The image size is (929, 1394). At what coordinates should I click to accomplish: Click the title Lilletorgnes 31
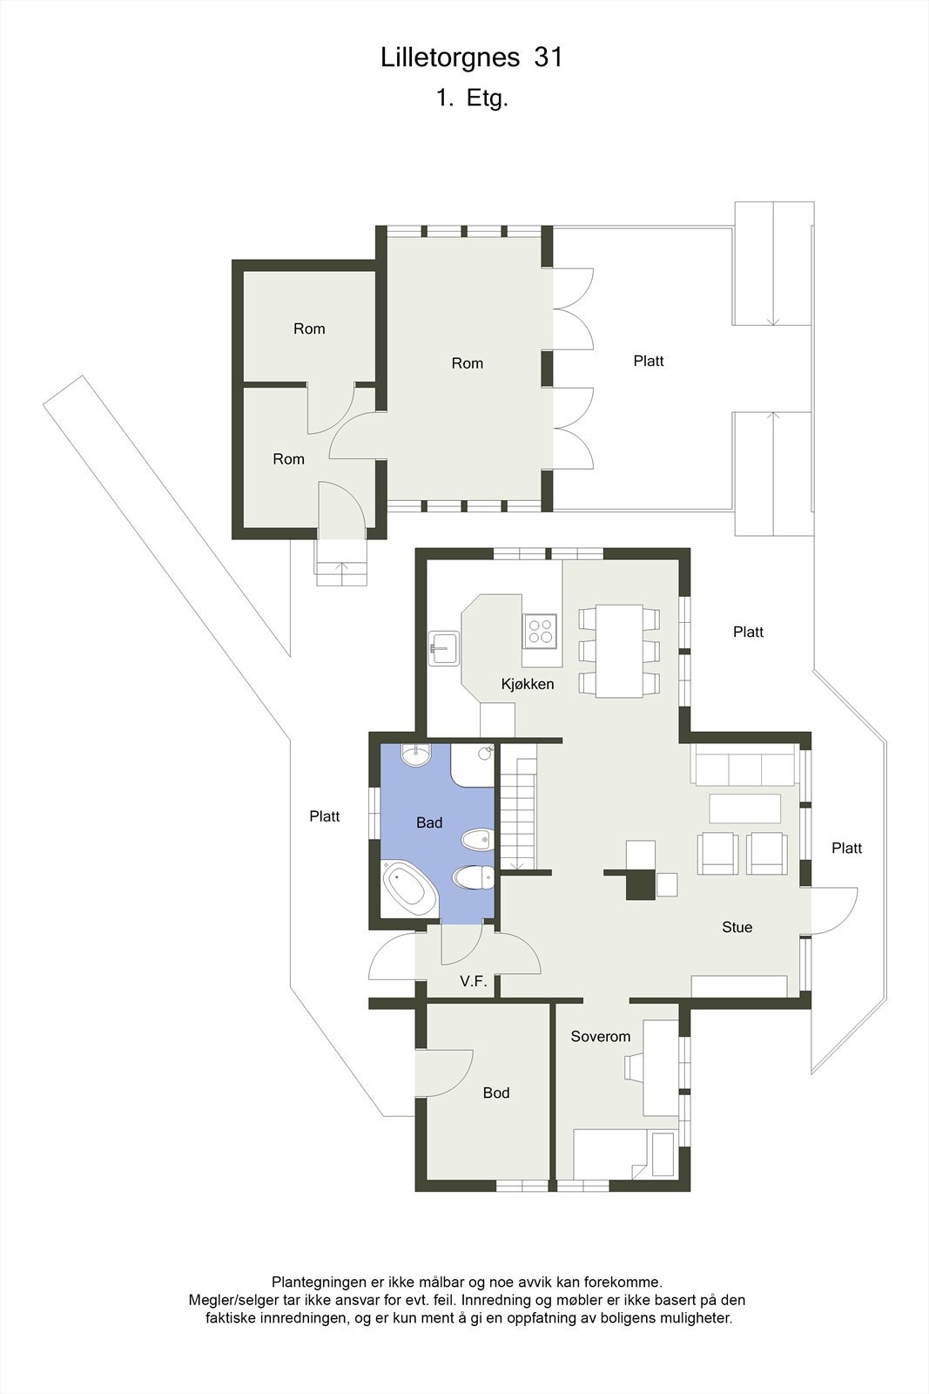click(471, 58)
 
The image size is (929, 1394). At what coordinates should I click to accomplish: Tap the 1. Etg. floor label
click(472, 98)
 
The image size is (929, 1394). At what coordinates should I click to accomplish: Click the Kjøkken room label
click(528, 684)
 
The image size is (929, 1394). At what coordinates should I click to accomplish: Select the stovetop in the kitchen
click(540, 629)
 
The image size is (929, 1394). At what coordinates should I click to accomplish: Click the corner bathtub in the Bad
click(410, 889)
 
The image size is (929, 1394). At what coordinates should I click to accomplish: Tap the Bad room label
click(429, 822)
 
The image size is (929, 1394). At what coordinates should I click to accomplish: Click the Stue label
click(737, 927)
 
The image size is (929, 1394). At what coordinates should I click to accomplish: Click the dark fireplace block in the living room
click(642, 884)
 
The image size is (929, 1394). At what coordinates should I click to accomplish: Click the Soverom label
click(600, 1036)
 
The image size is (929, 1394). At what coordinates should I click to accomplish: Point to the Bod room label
click(496, 1093)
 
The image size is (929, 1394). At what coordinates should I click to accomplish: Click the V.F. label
click(473, 981)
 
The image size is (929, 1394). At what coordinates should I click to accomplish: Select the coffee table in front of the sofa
click(744, 809)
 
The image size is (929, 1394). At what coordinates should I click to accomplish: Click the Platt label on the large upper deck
click(649, 361)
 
